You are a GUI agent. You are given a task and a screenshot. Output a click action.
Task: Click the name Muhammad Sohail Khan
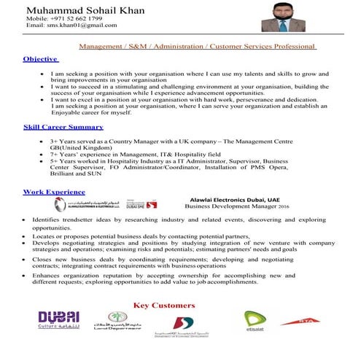click(74, 11)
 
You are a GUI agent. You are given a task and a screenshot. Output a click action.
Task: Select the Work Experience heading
click(54, 191)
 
